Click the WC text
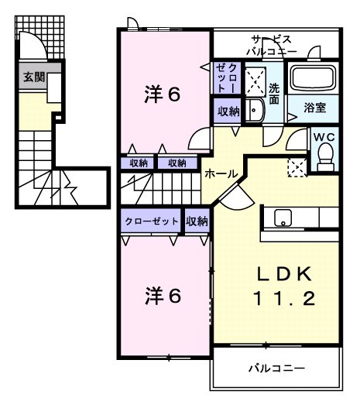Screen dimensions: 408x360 [323, 137]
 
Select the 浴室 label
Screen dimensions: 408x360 [314, 107]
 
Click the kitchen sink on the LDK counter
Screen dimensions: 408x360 [283, 218]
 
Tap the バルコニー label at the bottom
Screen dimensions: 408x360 [276, 368]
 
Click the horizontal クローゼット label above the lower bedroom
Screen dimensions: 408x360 [152, 221]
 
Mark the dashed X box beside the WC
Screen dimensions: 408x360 [295, 165]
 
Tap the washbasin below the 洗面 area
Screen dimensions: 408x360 [255, 111]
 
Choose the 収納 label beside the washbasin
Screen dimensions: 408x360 [228, 111]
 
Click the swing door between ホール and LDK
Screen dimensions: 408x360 [230, 197]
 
